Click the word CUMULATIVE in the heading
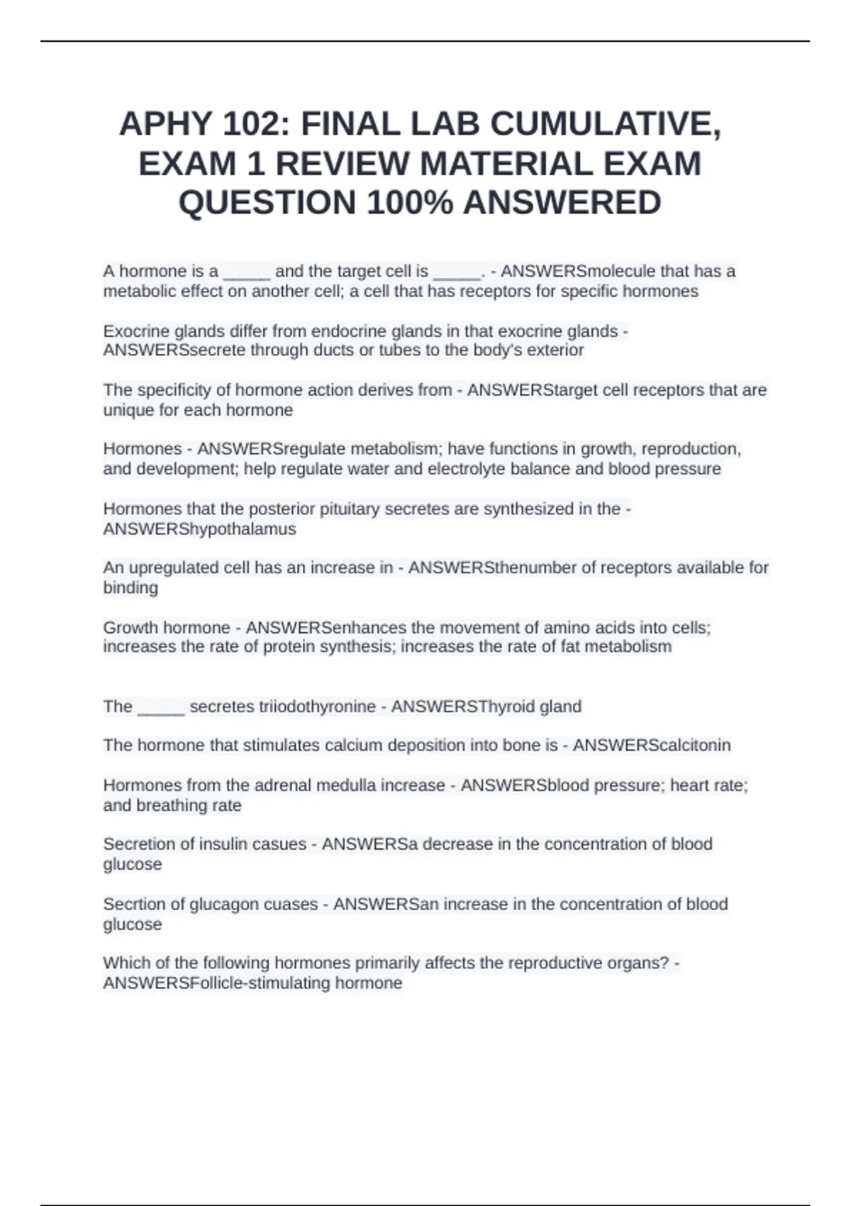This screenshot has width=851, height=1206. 605,125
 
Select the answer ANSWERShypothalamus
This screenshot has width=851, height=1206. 199,529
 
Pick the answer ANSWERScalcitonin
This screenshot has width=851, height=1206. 651,746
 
